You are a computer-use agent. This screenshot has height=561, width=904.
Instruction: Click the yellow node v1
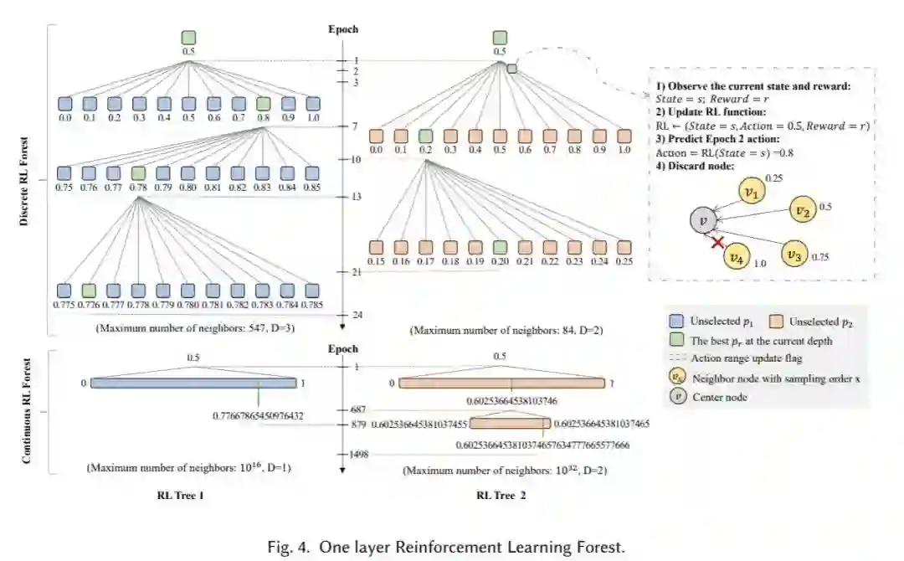point(752,193)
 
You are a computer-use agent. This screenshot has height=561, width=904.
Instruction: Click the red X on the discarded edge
point(717,242)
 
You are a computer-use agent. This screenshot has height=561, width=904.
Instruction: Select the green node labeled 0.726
point(90,290)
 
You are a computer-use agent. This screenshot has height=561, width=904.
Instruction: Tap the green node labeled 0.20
point(500,248)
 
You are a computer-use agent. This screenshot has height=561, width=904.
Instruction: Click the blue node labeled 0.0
point(65,104)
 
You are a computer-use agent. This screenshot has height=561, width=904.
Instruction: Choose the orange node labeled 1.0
point(624,136)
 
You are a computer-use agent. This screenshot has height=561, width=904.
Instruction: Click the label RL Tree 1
point(181,496)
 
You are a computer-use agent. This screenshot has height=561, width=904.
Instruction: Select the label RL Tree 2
point(501,496)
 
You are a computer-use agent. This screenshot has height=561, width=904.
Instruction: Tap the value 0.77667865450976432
point(259,415)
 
